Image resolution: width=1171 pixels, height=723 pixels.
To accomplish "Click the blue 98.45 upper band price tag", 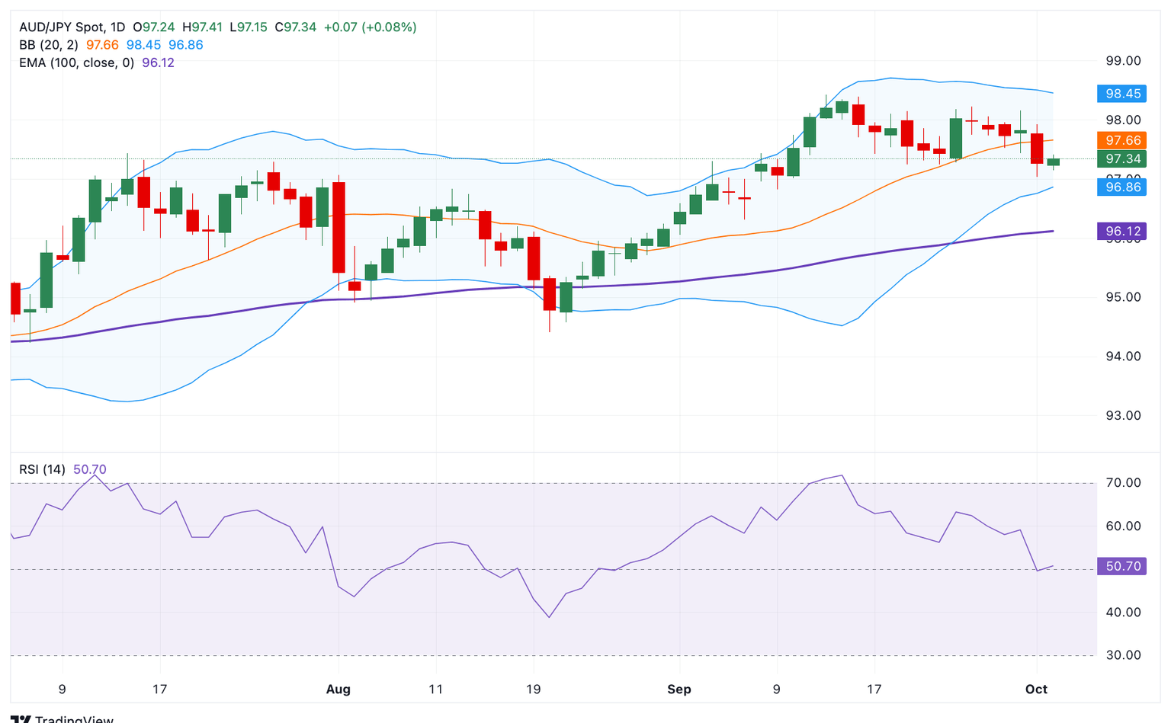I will click(1122, 94).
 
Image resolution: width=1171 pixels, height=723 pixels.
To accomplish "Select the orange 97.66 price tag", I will click(1122, 140).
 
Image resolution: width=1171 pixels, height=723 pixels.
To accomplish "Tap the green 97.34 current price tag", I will click(1122, 158).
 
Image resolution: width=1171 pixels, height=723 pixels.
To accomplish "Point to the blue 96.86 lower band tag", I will click(1122, 187).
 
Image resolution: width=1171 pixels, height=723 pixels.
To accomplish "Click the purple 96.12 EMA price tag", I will click(1122, 231).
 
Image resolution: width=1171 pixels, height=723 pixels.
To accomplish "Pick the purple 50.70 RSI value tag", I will click(1122, 566).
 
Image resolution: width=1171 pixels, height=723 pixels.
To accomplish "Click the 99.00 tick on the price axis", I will click(1123, 61).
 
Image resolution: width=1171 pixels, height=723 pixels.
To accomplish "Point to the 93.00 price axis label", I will click(1123, 416).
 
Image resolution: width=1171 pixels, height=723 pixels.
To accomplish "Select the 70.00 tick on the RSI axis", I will click(1123, 483).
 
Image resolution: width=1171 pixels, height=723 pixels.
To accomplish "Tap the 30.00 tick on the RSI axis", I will click(1123, 655).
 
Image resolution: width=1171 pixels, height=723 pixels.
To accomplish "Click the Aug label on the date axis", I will click(338, 689).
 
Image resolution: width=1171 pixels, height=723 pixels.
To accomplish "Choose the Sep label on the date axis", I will click(679, 689).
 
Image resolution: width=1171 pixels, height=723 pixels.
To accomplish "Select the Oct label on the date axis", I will click(1036, 689).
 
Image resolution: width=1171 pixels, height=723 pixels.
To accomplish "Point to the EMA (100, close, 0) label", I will click(76, 62).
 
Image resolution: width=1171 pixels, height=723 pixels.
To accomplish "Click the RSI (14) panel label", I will click(42, 469).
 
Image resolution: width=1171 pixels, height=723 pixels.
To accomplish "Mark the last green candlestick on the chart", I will click(1053, 162).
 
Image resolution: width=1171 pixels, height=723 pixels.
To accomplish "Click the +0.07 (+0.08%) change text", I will click(370, 27).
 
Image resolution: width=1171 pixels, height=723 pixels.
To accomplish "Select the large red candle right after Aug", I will click(338, 227).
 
